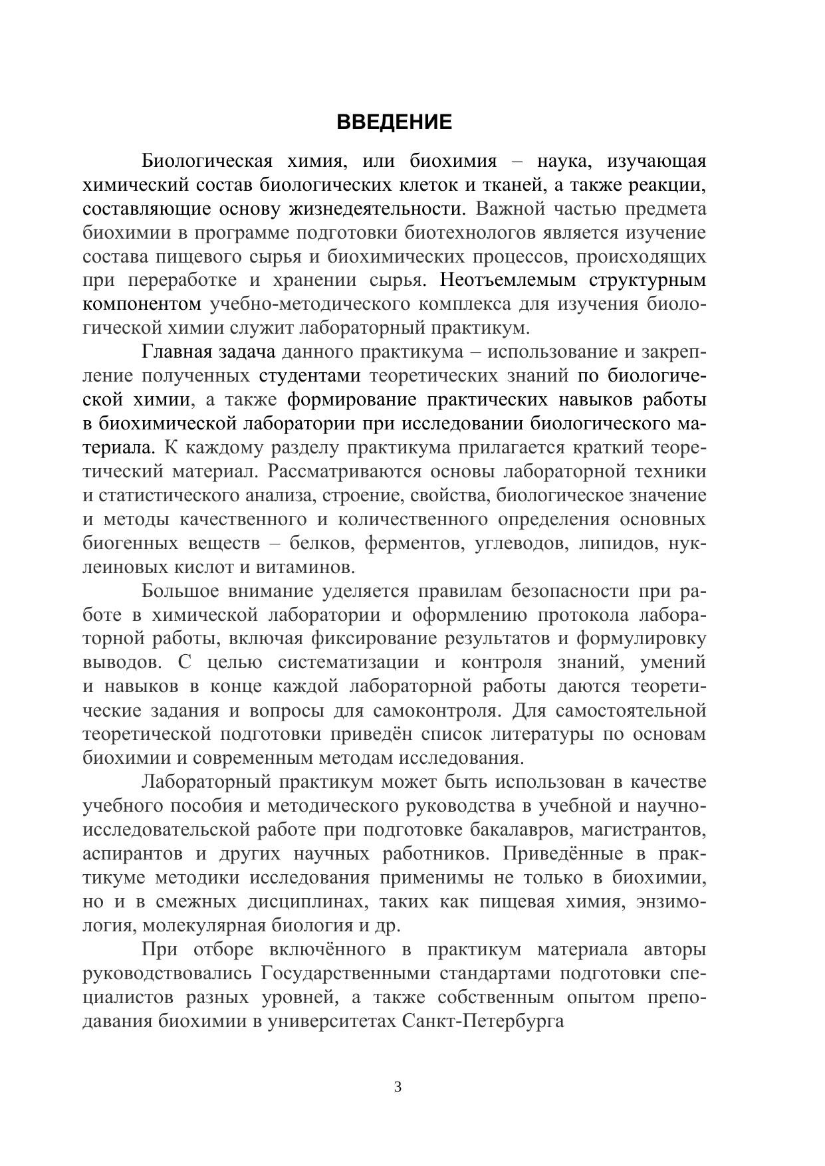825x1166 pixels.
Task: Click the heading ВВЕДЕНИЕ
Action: tap(394, 122)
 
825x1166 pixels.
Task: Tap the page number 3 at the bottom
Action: tap(398, 1088)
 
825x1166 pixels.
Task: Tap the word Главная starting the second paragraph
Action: tap(176, 352)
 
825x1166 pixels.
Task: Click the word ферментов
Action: tap(413, 543)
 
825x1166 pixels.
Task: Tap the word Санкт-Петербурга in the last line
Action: tap(483, 1021)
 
